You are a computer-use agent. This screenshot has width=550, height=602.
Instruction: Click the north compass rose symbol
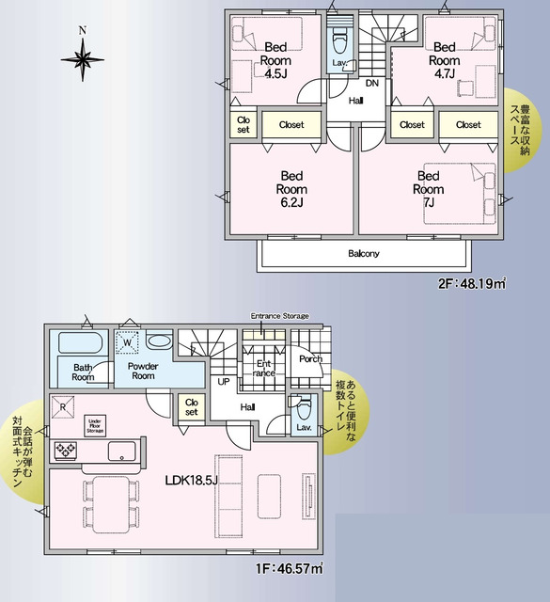pos(83,59)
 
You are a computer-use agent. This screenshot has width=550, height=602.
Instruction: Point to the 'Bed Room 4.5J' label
pos(275,59)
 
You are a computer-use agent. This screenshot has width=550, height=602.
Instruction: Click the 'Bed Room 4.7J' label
pos(443,59)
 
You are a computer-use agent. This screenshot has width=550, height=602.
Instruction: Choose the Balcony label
pos(364,254)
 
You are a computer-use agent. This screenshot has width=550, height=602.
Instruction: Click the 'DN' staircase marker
pos(372,84)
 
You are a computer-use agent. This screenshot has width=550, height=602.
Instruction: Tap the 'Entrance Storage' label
pos(279,316)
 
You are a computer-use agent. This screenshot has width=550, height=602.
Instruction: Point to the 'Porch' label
pos(309,358)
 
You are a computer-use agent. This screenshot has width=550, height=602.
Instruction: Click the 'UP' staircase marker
pos(224,382)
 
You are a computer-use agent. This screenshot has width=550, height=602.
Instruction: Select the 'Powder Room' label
pos(142,370)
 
